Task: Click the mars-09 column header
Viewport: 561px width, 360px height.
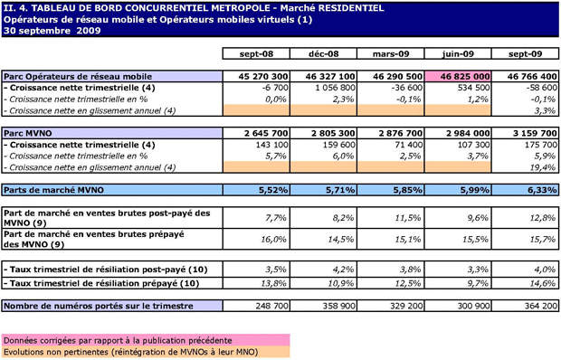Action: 391,53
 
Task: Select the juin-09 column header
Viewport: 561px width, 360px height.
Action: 458,53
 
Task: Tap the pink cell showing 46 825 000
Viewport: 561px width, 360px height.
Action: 458,77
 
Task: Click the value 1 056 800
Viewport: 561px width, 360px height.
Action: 335,88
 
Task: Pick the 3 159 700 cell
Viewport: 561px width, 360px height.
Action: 525,133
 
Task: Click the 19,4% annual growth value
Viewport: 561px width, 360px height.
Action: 545,167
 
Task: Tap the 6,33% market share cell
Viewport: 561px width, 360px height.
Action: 525,190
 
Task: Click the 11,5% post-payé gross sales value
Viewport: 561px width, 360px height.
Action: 409,218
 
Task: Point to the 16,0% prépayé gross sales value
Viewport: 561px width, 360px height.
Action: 273,239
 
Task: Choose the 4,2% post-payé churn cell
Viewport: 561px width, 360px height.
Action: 343,270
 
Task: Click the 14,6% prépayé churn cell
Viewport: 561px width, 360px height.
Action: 543,283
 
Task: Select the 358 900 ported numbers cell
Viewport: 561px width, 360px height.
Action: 339,306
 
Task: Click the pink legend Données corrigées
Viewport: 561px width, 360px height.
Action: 146,340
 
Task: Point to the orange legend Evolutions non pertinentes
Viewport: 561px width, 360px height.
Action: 146,352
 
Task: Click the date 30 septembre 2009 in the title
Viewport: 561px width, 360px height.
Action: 52,31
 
